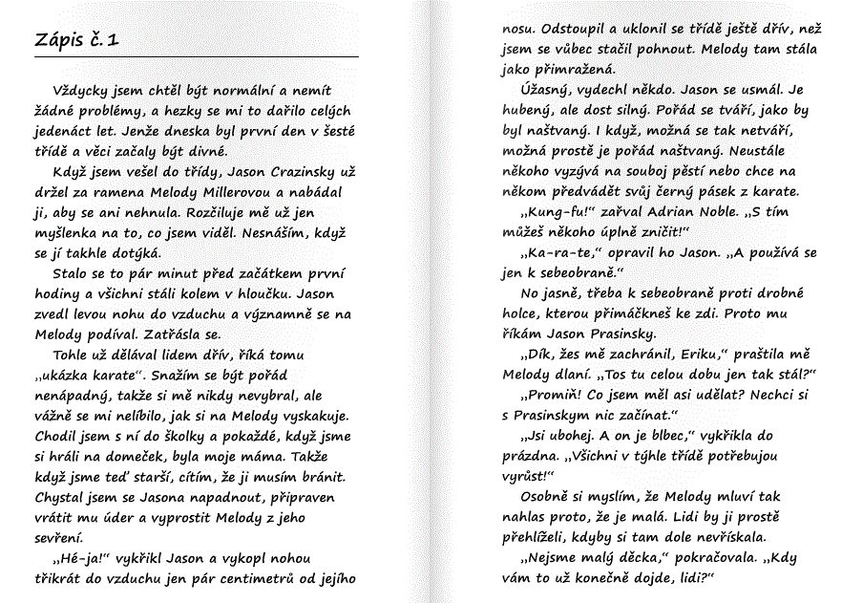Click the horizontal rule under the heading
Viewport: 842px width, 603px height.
coord(196,57)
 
